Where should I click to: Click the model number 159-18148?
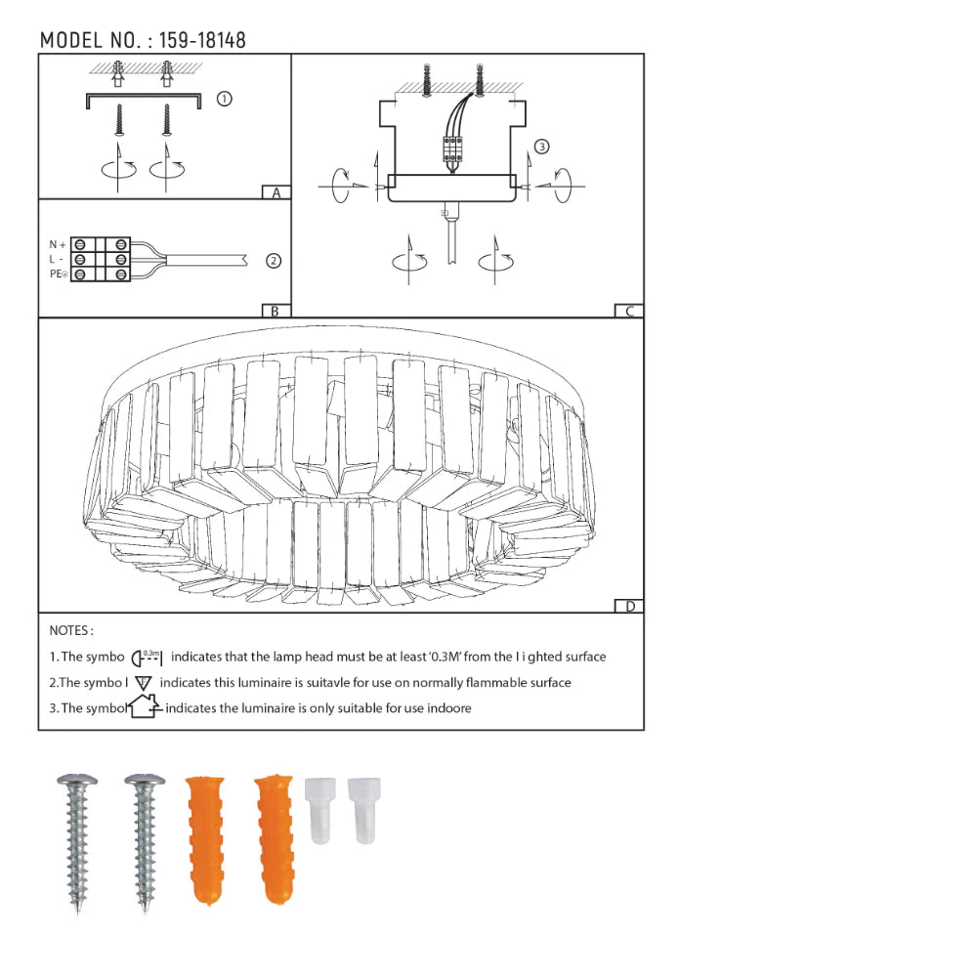(x=202, y=40)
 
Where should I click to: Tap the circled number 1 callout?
(x=225, y=99)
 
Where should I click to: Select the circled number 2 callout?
(x=274, y=261)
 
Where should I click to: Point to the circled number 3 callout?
(x=542, y=147)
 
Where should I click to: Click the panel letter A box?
(x=276, y=192)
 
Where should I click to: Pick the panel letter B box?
(x=276, y=311)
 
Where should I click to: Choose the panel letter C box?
(x=629, y=311)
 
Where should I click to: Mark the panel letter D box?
(x=629, y=607)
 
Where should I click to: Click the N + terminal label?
(x=58, y=245)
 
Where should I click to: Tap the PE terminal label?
(x=58, y=275)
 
